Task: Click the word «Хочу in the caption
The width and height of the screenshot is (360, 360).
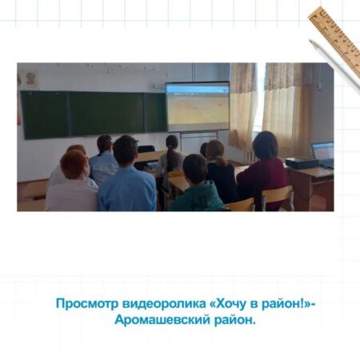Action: coord(228,304)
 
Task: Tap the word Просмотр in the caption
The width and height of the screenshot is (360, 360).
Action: coord(87,304)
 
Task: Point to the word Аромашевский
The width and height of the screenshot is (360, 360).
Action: coord(162,320)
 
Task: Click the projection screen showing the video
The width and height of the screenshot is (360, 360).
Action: coord(198,106)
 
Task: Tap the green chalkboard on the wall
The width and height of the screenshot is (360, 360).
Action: coord(94,114)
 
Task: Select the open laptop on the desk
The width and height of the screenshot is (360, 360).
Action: coord(323,154)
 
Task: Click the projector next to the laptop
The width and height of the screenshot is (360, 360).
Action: coord(302,163)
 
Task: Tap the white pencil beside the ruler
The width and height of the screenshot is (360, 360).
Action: coord(334,66)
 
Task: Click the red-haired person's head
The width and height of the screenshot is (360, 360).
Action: coord(74,165)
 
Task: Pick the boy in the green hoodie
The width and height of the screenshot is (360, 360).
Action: coord(197,184)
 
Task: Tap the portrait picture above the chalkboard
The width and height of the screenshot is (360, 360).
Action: coord(32,79)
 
